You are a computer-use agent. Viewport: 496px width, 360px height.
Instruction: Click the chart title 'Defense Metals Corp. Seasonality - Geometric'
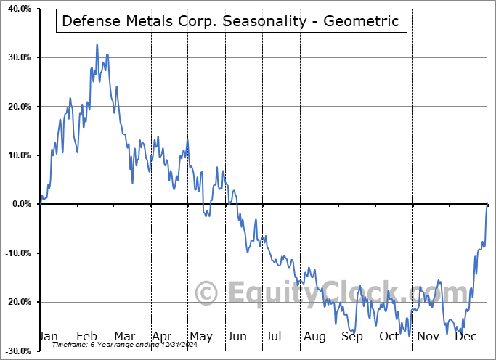click(x=230, y=21)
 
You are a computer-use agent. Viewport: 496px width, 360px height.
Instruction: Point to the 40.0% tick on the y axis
click(x=17, y=9)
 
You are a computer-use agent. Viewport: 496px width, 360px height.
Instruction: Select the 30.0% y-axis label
click(x=17, y=57)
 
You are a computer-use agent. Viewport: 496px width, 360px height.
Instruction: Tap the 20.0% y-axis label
click(x=17, y=107)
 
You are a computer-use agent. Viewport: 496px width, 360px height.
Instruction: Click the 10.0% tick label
click(x=17, y=155)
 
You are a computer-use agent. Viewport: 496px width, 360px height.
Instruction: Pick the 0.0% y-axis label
click(x=19, y=204)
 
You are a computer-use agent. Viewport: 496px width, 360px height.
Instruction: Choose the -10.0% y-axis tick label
click(x=15, y=253)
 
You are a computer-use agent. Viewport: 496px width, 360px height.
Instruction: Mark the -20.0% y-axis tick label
click(x=15, y=302)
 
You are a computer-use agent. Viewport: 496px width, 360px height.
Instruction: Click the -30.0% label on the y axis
click(x=15, y=351)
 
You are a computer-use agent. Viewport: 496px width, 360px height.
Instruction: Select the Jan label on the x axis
click(x=48, y=336)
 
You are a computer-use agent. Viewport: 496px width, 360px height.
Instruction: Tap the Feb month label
click(x=87, y=336)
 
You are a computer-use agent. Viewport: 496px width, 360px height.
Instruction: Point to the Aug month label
click(x=314, y=336)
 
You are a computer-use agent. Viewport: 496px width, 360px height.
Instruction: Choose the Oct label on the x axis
click(x=389, y=336)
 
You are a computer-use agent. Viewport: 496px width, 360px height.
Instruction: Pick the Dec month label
click(x=465, y=336)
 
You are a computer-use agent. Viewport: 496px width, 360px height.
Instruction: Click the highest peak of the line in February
click(x=97, y=44)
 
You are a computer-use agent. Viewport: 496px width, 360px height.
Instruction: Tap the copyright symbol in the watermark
click(x=208, y=294)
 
